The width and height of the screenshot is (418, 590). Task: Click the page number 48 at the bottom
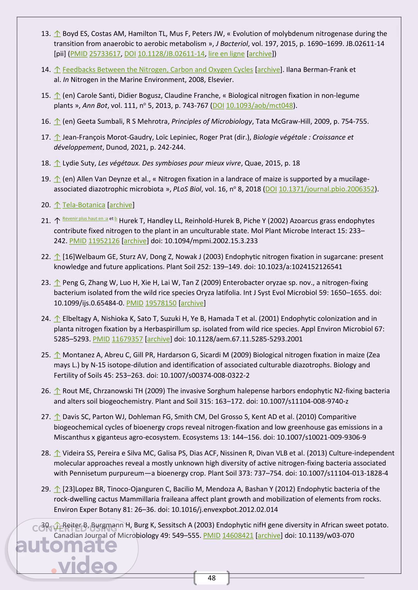[x=211, y=578]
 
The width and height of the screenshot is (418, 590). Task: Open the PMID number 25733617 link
[x=105, y=54]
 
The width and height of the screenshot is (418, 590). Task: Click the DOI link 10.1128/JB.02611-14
[x=171, y=54]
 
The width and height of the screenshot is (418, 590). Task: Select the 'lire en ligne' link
[x=226, y=54]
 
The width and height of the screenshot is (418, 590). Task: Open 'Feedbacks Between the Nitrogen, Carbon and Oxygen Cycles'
[x=158, y=70]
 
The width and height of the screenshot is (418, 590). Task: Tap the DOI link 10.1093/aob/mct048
[x=259, y=106]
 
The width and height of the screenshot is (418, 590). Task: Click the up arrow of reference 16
[x=57, y=121]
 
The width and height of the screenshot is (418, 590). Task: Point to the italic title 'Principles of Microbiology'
[x=212, y=121]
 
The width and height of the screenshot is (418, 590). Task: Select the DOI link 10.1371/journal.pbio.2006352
[x=327, y=189]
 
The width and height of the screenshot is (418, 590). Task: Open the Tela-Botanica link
[x=84, y=205]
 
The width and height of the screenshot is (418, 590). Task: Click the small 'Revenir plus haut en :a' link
[x=85, y=219]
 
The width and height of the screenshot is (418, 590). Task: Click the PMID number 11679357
[x=127, y=339]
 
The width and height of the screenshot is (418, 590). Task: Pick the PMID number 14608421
[x=238, y=535]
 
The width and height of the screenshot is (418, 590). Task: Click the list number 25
[x=46, y=355]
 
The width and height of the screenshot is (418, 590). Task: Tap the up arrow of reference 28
[x=57, y=453]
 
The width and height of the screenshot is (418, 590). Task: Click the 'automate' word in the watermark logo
[x=66, y=545]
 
